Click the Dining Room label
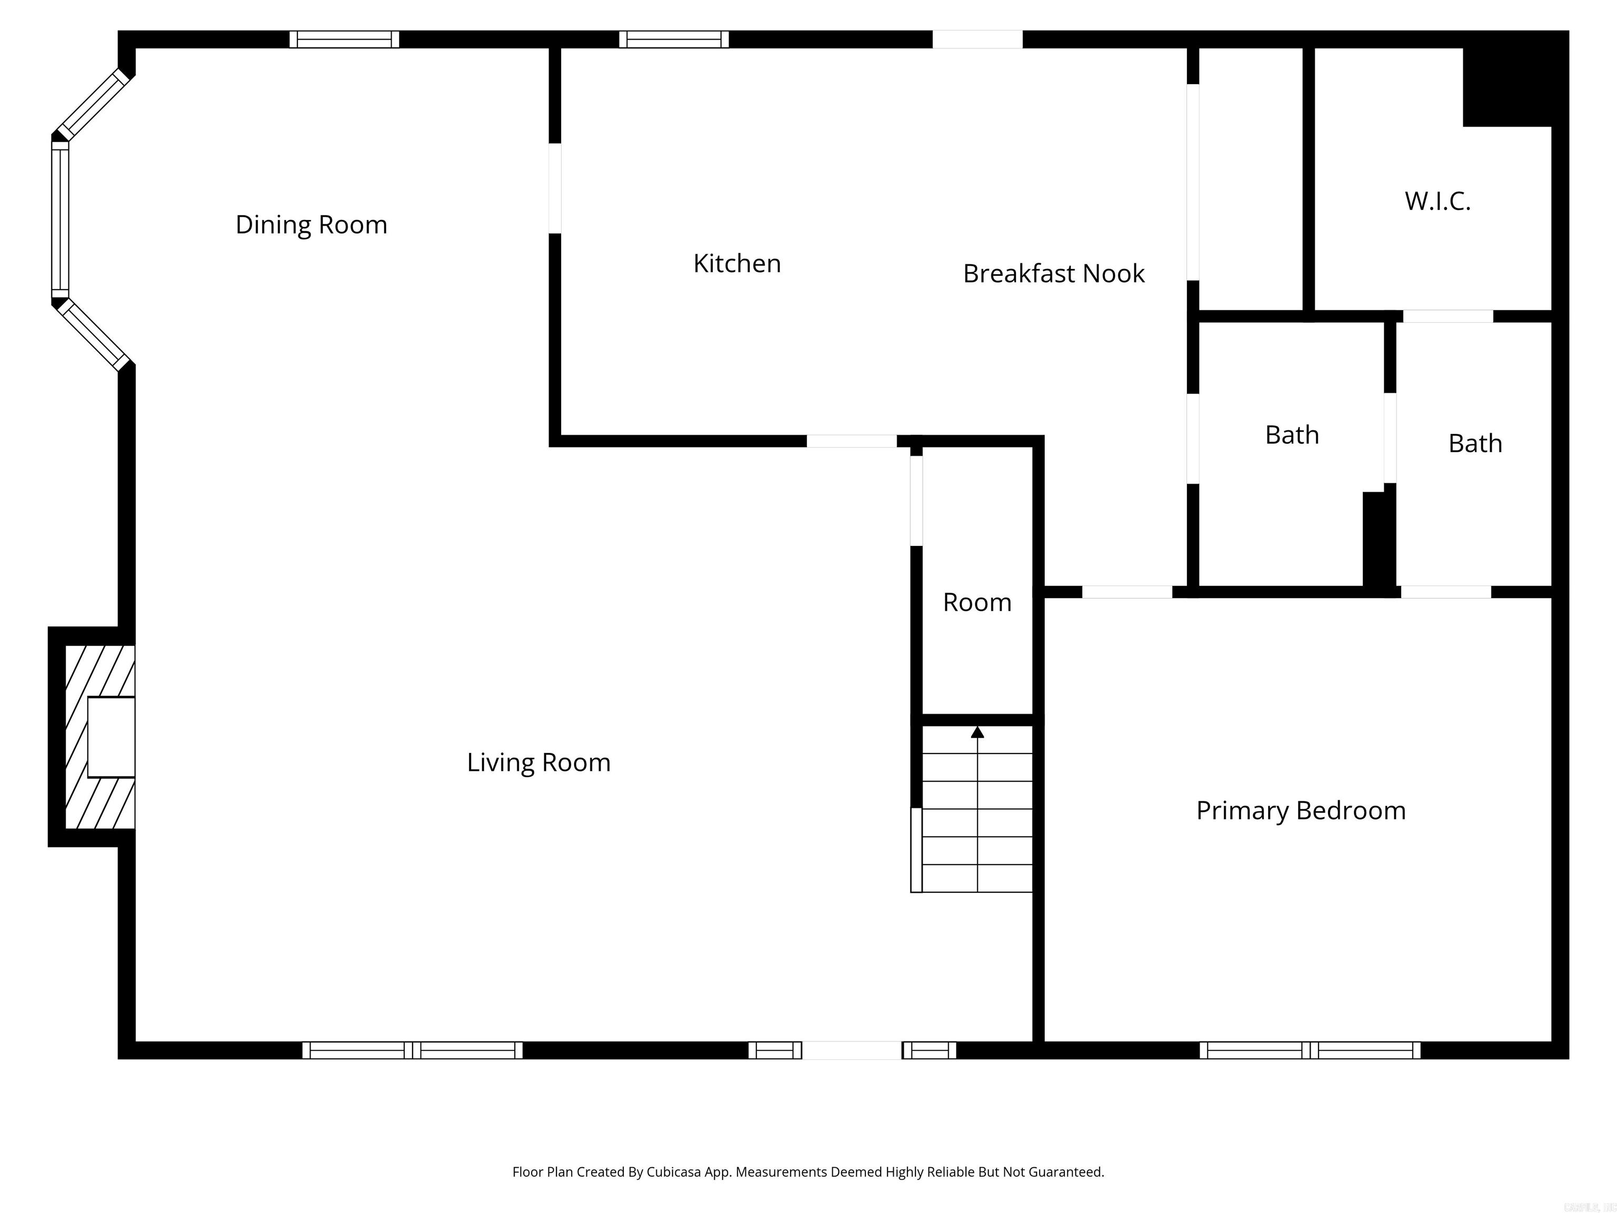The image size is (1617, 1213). (x=312, y=224)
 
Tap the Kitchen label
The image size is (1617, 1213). (x=737, y=263)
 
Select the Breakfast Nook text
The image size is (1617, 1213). (x=1053, y=273)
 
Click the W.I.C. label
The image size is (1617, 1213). (x=1437, y=201)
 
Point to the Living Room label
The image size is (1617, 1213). (x=539, y=763)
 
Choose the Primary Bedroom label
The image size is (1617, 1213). (x=1301, y=811)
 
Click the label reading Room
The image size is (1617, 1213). (x=977, y=602)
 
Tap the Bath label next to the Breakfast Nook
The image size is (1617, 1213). (x=1292, y=435)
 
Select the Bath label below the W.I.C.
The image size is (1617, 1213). (x=1475, y=444)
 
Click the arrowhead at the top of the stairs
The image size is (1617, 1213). (x=977, y=732)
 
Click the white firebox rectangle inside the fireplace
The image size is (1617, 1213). (x=111, y=737)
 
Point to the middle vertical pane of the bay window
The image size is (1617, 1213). (x=60, y=220)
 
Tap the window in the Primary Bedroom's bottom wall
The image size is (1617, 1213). (x=1310, y=1051)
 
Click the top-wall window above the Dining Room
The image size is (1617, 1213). (x=344, y=39)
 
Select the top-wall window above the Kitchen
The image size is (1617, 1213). (x=674, y=39)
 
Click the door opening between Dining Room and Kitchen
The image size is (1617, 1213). (x=555, y=188)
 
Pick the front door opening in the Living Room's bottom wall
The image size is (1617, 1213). (x=852, y=1051)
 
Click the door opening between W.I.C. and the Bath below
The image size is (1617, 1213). (x=1448, y=316)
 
